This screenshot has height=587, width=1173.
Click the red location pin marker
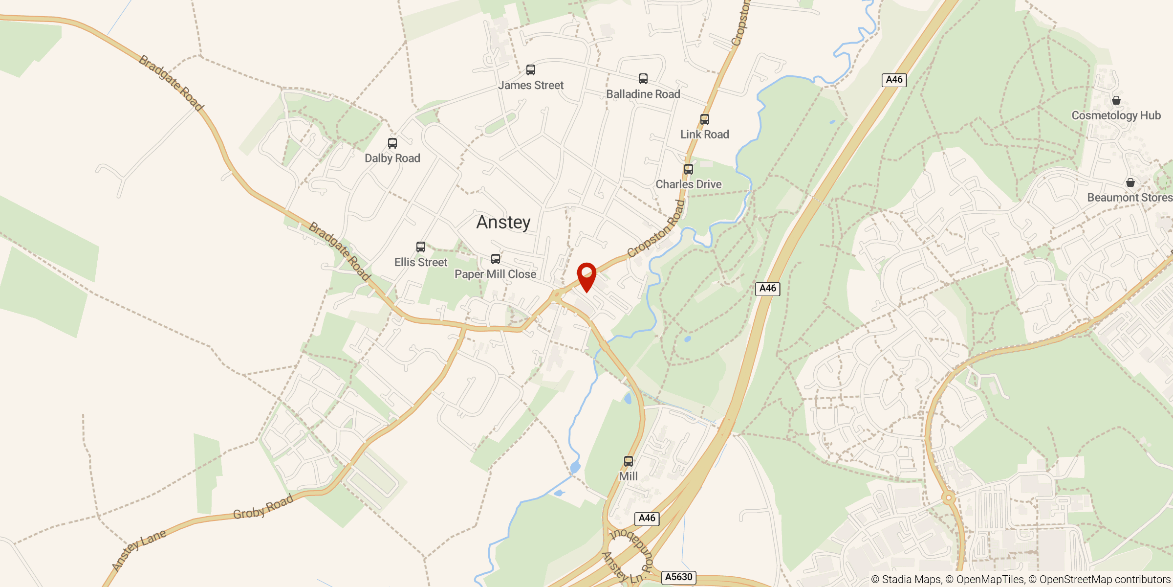(x=586, y=275)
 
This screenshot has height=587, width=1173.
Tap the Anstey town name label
(x=503, y=223)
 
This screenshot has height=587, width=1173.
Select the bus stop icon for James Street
(x=531, y=70)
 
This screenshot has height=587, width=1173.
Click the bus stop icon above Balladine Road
(x=643, y=79)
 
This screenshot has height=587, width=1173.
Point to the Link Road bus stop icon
(x=705, y=119)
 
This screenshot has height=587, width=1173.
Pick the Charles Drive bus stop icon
(x=689, y=169)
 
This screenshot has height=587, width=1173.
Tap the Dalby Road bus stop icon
(x=392, y=143)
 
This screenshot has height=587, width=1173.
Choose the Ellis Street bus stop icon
(x=421, y=247)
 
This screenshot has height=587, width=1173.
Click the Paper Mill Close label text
(x=495, y=274)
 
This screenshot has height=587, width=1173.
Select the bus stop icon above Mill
(x=629, y=461)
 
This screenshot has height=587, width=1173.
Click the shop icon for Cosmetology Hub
(x=1116, y=100)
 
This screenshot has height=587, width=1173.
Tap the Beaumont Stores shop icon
(x=1130, y=182)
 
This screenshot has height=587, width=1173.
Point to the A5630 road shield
(x=679, y=577)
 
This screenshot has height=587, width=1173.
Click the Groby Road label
(x=263, y=507)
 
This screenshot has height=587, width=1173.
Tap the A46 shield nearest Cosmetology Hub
(x=894, y=80)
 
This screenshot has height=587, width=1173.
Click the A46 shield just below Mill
(x=647, y=518)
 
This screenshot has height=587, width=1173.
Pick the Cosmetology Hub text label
(x=1116, y=116)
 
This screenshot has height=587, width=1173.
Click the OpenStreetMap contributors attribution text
(x=1105, y=580)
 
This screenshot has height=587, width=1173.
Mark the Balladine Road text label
(x=643, y=94)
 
